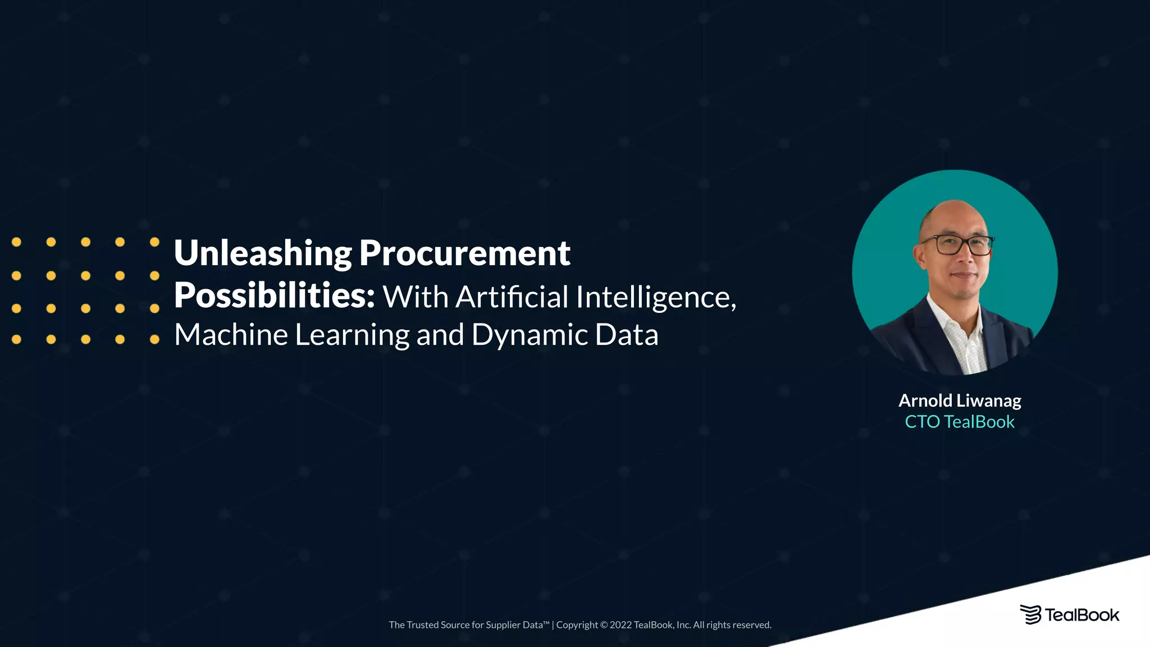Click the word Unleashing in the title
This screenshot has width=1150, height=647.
[x=263, y=254]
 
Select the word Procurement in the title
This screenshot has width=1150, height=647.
[x=464, y=254]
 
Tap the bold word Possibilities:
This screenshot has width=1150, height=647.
[x=274, y=296]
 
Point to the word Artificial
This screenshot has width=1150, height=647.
[x=512, y=297]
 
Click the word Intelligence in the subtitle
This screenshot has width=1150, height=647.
[x=655, y=297]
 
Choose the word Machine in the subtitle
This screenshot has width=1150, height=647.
[x=231, y=335]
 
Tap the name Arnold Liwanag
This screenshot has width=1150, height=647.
[x=960, y=400]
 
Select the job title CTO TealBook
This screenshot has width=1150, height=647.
[x=960, y=422]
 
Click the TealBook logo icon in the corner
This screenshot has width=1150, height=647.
[x=1030, y=615]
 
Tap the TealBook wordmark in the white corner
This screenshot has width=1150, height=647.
[x=1081, y=616]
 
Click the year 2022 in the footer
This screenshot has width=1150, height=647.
[x=620, y=625]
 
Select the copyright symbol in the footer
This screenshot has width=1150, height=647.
[x=604, y=625]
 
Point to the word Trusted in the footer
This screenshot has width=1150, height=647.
[x=422, y=625]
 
